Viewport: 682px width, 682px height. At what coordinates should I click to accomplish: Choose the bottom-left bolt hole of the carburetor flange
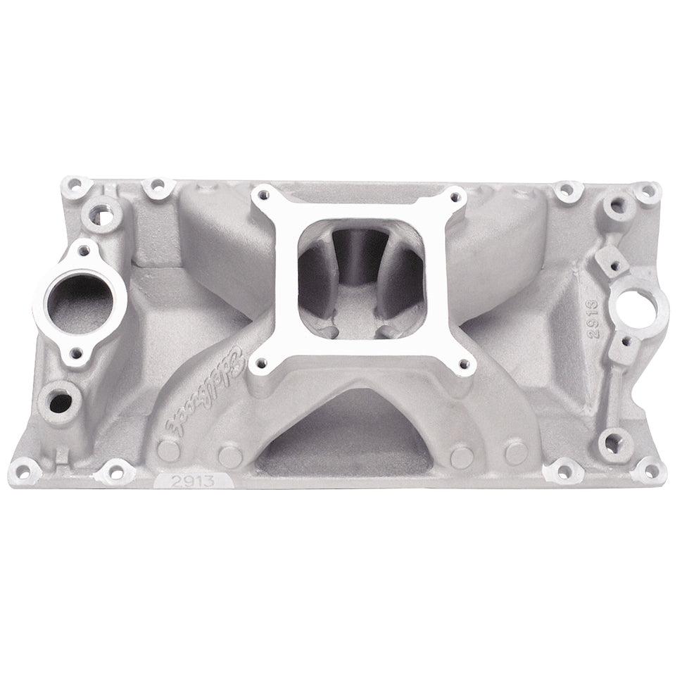click(x=263, y=363)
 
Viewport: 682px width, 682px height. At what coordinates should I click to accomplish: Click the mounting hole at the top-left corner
click(x=72, y=189)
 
